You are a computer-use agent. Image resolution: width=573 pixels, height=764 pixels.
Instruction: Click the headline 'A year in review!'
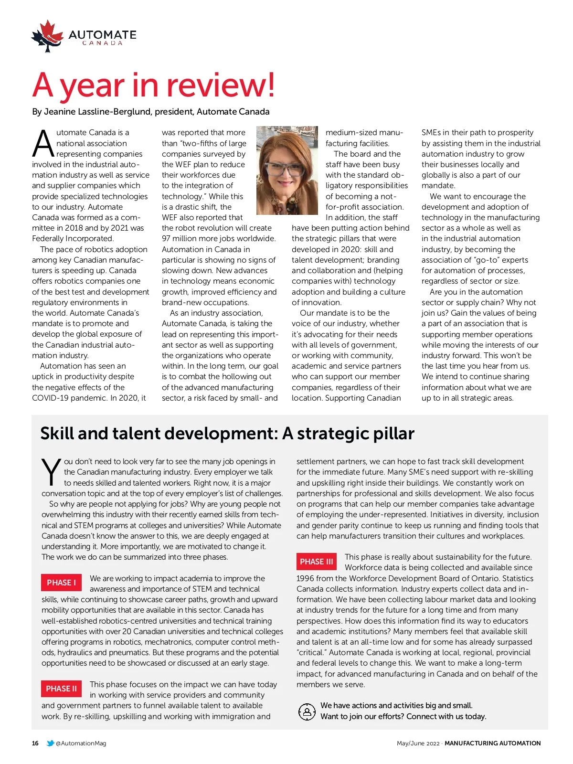coord(153,85)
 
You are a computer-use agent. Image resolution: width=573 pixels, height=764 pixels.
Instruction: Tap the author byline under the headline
coord(151,112)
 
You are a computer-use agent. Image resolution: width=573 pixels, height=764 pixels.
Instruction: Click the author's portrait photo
coord(287,170)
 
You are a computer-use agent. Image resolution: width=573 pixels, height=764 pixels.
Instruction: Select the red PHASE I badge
coord(61,583)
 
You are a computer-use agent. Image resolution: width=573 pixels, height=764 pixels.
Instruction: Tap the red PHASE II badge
coord(61,689)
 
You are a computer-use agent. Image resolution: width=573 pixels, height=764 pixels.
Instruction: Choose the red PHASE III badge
coord(317,562)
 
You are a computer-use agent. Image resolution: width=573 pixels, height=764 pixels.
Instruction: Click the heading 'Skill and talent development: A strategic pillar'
coord(227,434)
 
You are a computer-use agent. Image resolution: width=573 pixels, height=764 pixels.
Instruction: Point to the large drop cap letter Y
coord(51,472)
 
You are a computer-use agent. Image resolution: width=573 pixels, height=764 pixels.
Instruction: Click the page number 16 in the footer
coord(35,743)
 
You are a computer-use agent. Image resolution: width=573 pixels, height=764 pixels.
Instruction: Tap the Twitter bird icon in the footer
coord(50,743)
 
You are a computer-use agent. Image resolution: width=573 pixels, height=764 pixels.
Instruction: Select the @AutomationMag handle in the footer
coord(81,743)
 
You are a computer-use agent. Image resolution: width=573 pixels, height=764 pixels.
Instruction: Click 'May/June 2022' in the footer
coord(418,743)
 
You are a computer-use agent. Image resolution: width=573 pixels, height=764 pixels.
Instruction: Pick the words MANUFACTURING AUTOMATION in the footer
coord(492,743)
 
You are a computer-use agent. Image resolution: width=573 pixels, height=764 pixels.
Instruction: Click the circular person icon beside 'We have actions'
coord(307,711)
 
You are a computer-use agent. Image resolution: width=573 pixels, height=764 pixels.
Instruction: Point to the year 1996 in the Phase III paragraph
coord(306,578)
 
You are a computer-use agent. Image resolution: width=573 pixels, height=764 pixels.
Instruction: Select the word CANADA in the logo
coord(103,43)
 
